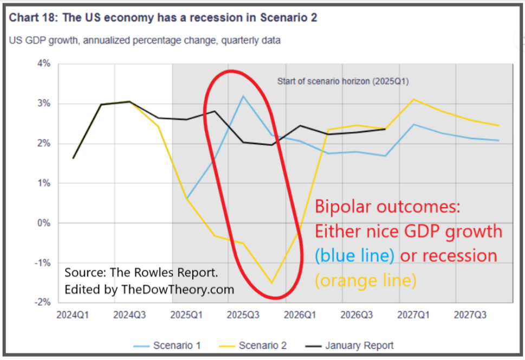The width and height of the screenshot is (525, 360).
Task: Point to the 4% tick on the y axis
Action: coord(43,63)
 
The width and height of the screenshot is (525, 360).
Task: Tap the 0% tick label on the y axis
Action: coord(43,223)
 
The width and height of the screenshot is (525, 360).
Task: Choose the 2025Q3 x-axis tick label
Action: coord(243,315)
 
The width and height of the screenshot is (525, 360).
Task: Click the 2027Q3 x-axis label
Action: coord(470,315)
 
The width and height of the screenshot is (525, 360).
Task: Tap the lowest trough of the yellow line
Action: coord(272,282)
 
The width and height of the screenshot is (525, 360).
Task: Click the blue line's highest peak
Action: coord(243,96)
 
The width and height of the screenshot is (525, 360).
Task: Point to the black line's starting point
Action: coord(73,158)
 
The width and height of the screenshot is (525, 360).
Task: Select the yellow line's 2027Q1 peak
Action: coord(414,99)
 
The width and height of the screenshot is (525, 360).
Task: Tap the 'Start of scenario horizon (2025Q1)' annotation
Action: coord(342,82)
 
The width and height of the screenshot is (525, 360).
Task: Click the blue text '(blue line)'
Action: coord(354,256)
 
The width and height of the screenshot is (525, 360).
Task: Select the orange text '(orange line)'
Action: coord(366,280)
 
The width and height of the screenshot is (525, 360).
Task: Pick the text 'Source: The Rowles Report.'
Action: coord(141,272)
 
